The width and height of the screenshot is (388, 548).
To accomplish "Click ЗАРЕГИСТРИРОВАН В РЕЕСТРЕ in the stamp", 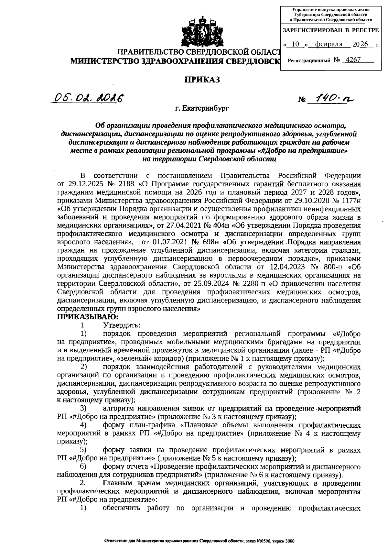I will coord(330,30).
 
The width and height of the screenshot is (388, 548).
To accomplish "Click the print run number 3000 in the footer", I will coord(289,541).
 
